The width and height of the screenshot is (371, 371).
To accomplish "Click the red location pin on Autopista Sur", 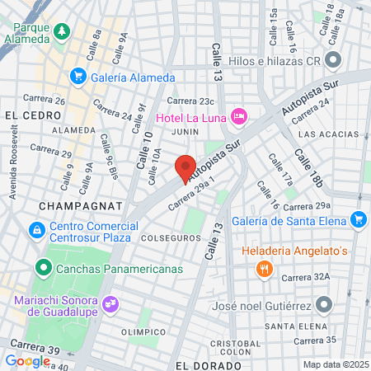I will [185, 168].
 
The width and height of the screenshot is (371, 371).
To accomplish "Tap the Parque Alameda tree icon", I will [62, 32].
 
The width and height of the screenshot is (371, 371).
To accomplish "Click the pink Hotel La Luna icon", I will [238, 115].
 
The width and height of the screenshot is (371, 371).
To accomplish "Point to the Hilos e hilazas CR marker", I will [334, 59].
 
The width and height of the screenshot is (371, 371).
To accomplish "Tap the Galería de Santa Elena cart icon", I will [358, 218].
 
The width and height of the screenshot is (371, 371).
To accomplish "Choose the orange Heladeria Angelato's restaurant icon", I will [264, 268].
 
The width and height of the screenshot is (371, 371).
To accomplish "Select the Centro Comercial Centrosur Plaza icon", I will [36, 230].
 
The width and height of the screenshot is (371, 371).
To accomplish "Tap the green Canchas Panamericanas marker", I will [42, 269].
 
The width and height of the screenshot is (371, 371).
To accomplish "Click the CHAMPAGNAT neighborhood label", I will [80, 203].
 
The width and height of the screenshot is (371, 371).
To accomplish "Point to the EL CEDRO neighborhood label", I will [24, 114].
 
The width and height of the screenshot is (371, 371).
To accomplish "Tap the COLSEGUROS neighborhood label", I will [171, 237].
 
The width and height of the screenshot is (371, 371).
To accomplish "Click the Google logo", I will [27, 360].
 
